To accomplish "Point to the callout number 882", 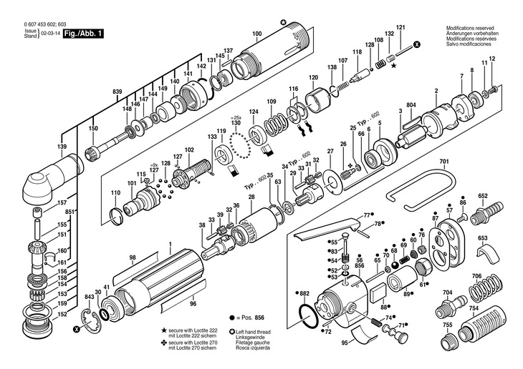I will [x=304, y=293].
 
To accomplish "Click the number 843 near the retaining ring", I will [x=90, y=296].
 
